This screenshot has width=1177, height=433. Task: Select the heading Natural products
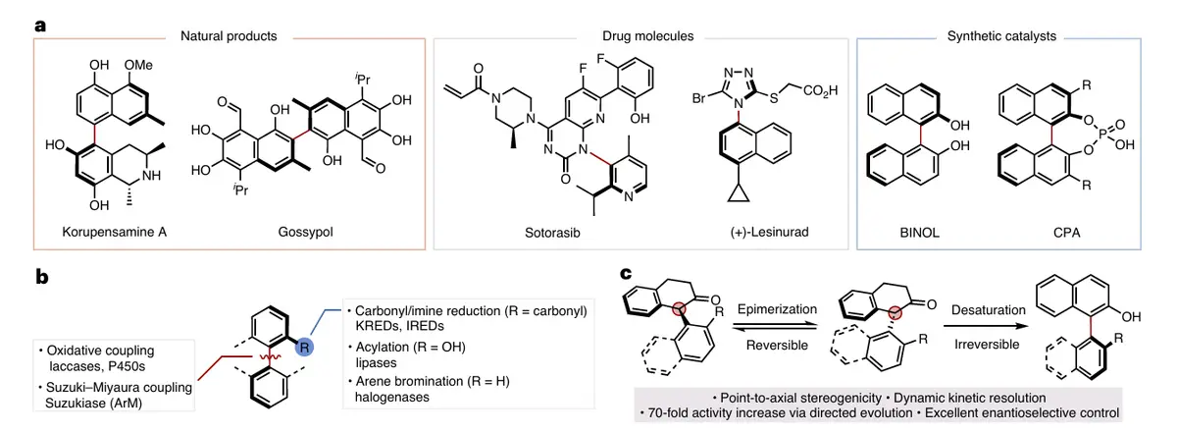point(229,36)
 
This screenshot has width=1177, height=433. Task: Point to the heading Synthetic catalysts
point(1001,36)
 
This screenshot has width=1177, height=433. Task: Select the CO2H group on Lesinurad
point(823,92)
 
